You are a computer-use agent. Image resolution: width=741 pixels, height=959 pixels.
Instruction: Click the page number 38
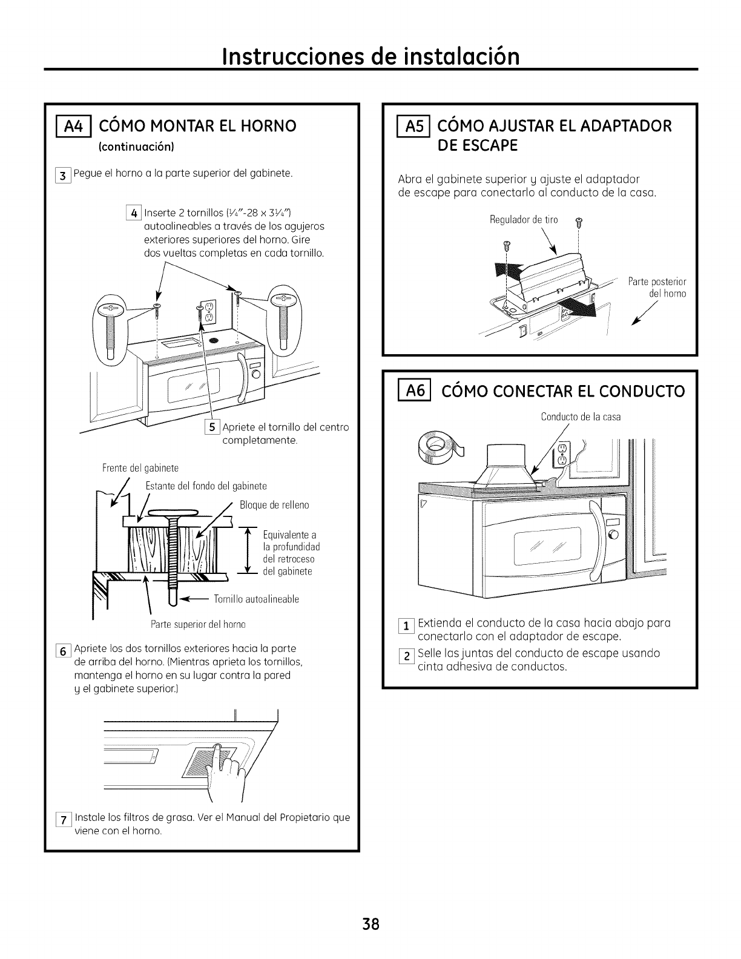[x=370, y=924]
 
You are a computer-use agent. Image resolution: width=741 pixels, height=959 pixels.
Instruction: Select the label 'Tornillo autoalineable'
[x=257, y=599]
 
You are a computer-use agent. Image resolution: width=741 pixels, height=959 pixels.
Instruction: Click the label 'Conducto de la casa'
[x=581, y=417]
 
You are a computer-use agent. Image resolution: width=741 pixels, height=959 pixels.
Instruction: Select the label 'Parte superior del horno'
[x=197, y=624]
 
